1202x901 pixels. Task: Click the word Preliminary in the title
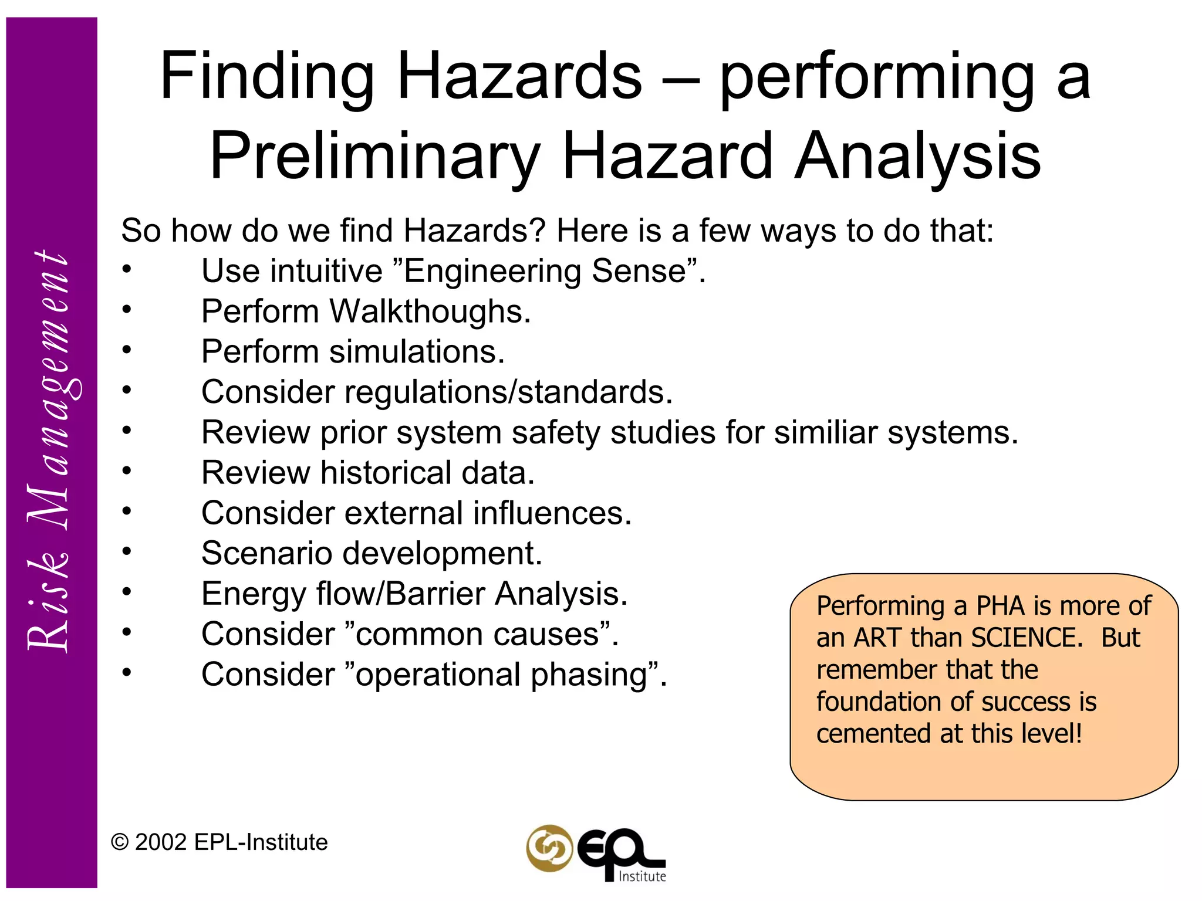click(374, 156)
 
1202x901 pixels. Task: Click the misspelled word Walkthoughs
click(429, 311)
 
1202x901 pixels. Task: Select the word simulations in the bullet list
click(417, 351)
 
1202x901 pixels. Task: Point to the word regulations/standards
click(508, 392)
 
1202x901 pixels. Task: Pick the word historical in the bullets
click(386, 473)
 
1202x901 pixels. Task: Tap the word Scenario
click(266, 553)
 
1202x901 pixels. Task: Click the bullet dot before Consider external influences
click(127, 512)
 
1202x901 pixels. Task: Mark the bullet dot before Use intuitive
click(127, 269)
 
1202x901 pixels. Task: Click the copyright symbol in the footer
click(120, 842)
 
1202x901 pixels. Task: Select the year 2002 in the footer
click(161, 842)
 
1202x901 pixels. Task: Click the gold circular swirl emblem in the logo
click(549, 848)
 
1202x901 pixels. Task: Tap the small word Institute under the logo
click(642, 876)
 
